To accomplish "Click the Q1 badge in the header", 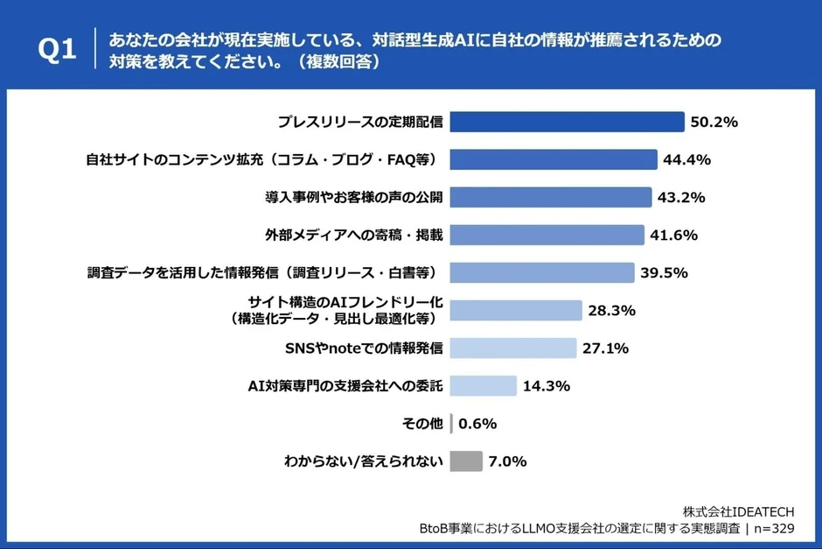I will [58, 51].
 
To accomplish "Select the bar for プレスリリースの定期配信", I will [567, 122].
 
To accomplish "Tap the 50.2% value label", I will [714, 122].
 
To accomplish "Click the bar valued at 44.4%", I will [554, 159].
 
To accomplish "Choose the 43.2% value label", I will [681, 197].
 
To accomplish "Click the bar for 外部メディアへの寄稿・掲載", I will [547, 235].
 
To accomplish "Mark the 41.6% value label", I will [674, 235].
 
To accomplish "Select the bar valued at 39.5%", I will [542, 272].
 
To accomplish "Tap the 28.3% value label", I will [612, 310].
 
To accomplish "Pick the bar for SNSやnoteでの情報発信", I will [513, 348].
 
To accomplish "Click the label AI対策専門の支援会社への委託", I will [346, 385].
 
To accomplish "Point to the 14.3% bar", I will [484, 385].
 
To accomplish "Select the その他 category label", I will [423, 424].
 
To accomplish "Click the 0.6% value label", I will [477, 424].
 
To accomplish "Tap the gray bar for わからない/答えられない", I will [466, 461].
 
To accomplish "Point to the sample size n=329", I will [773, 529].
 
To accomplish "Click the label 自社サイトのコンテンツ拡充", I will [264, 159].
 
